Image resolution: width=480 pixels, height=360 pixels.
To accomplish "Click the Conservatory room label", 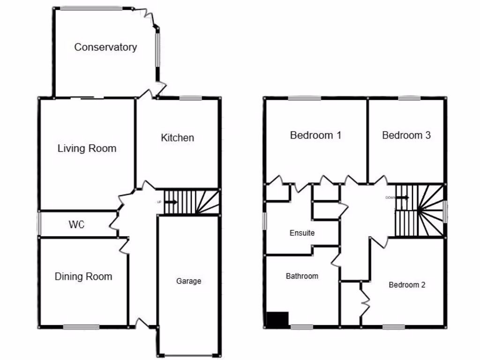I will tap(105, 47).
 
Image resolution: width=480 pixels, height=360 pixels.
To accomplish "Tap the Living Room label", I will tap(87, 149).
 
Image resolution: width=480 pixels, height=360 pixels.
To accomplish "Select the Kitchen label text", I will tap(177, 138).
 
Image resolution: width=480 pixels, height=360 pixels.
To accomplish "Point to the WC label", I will tap(76, 225).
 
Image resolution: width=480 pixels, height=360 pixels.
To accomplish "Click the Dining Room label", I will tap(83, 277).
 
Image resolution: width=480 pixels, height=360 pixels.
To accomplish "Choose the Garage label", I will tap(188, 281).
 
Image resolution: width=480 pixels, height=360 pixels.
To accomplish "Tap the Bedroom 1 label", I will tap(315, 135).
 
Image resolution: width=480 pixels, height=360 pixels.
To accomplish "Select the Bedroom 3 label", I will tap(406, 135).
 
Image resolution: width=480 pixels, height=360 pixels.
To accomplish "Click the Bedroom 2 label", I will tap(407, 285).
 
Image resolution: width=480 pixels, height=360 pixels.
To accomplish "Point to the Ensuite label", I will tap(302, 233).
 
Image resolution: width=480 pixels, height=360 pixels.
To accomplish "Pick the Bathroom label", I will tap(302, 277).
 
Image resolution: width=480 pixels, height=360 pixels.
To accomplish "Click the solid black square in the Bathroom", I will tap(277, 319).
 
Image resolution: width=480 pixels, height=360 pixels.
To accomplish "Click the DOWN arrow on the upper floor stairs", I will tap(402, 197).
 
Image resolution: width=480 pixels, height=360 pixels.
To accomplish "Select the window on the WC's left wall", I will tap(39, 224).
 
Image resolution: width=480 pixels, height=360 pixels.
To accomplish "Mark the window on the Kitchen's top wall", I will tap(190, 98).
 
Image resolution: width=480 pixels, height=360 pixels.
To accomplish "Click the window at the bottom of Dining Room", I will tap(78, 327).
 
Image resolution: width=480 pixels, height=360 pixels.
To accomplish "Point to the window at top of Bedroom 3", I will tap(409, 98).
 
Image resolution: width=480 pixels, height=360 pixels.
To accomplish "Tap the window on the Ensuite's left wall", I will tap(264, 221).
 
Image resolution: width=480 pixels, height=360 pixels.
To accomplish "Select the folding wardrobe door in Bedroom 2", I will tap(364, 302).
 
